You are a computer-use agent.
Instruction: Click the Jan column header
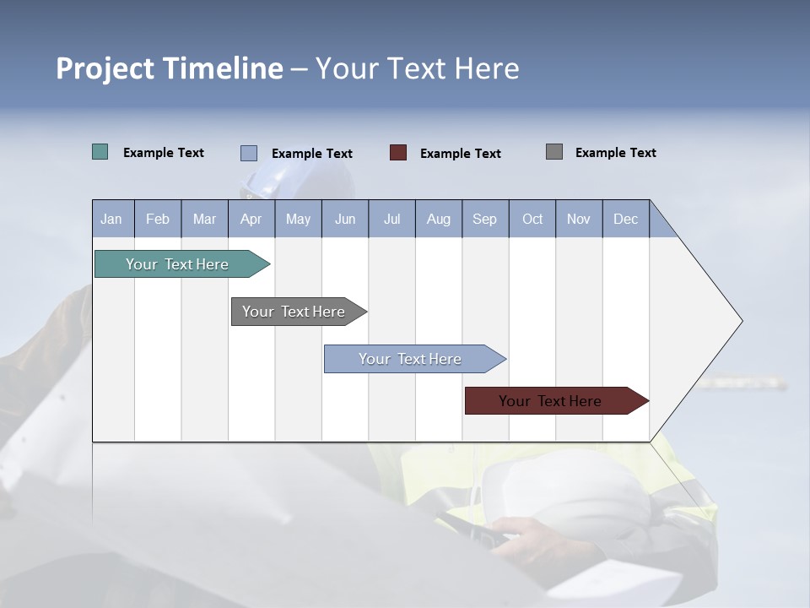tap(112, 219)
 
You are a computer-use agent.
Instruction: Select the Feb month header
tap(158, 219)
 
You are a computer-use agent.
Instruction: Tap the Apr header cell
tap(251, 219)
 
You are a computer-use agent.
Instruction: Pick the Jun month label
tap(345, 219)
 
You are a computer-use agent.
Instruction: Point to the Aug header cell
tap(438, 219)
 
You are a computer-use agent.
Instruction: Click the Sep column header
tap(485, 219)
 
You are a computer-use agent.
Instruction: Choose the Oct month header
tap(532, 219)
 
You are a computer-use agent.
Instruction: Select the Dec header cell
tap(625, 219)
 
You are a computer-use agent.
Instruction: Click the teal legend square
tap(100, 152)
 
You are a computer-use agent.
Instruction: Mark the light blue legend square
tap(249, 153)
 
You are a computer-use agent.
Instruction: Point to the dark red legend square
tap(398, 153)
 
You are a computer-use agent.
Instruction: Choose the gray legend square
tap(554, 152)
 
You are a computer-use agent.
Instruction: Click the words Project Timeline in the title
tap(169, 68)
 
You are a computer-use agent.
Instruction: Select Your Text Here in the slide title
tap(417, 68)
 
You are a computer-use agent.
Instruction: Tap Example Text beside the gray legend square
tap(615, 153)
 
